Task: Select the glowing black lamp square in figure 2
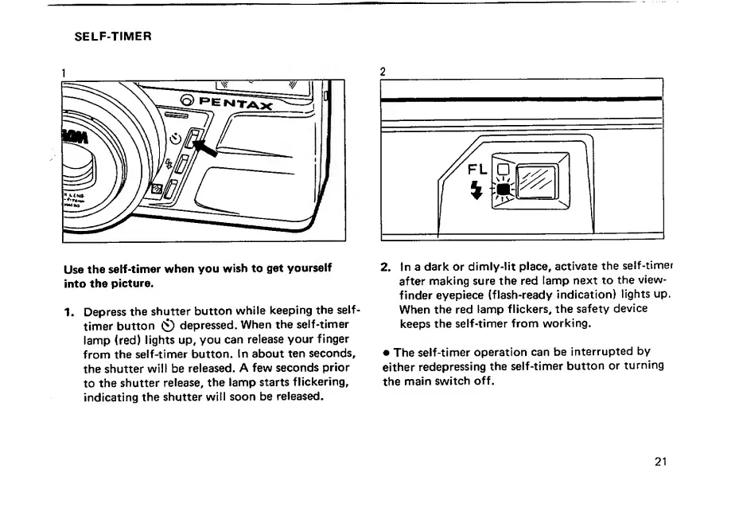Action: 503,190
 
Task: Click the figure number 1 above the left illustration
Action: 64,72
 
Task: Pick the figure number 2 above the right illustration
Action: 383,72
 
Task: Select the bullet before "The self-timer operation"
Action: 386,352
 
